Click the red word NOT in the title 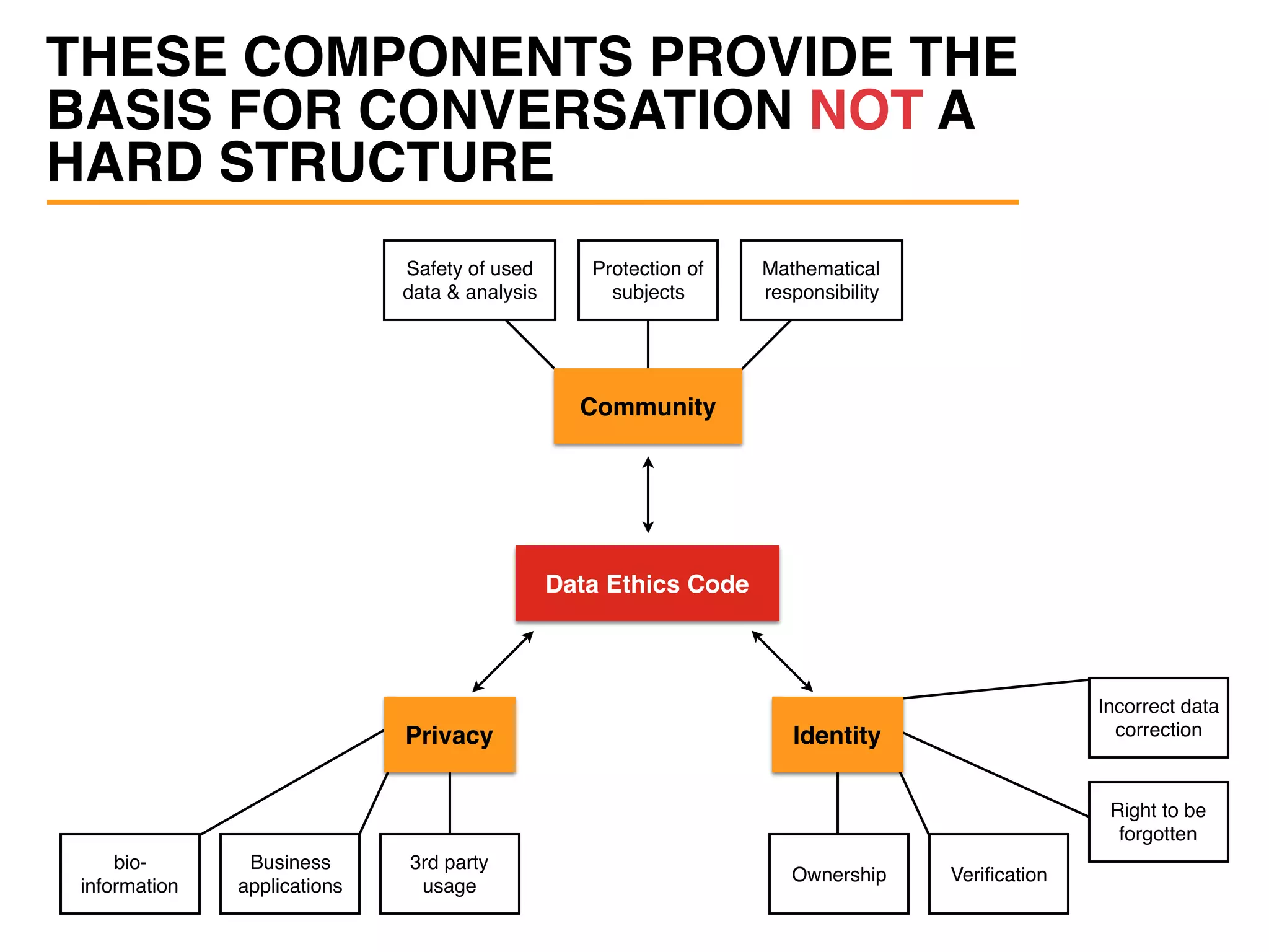(x=866, y=110)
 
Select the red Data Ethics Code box (x=647, y=583)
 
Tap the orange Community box (x=648, y=407)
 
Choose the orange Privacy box (x=449, y=735)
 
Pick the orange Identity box (x=836, y=735)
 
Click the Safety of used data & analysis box (x=469, y=280)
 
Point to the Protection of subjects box (x=648, y=280)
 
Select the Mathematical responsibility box (x=821, y=280)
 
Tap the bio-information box (x=130, y=874)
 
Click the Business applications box (x=289, y=874)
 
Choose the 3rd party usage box (x=449, y=874)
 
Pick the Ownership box (x=838, y=874)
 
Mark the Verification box (x=998, y=874)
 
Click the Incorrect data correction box (x=1158, y=718)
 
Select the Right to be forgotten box (x=1158, y=822)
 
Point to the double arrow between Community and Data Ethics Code (x=648, y=495)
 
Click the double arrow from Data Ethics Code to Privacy (x=503, y=661)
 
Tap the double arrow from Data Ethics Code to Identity (x=782, y=661)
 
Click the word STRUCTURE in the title (x=386, y=162)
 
